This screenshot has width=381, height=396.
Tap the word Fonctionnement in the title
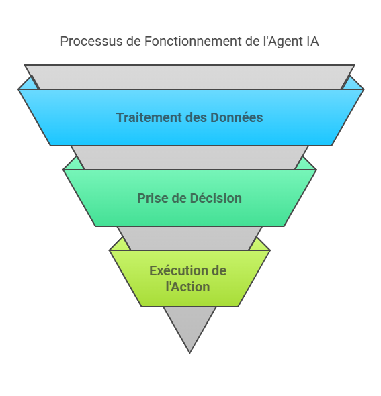click(x=193, y=41)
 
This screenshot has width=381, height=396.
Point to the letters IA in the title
click(x=312, y=41)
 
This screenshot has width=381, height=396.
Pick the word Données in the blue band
click(x=237, y=117)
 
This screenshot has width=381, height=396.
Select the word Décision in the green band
click(x=216, y=198)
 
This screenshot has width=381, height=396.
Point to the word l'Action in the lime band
click(x=188, y=287)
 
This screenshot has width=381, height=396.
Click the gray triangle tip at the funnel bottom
click(x=189, y=352)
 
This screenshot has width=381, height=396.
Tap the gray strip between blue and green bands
click(x=189, y=158)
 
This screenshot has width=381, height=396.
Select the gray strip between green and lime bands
click(x=189, y=238)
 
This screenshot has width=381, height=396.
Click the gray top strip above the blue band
click(x=189, y=77)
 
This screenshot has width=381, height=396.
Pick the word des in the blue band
click(x=196, y=117)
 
